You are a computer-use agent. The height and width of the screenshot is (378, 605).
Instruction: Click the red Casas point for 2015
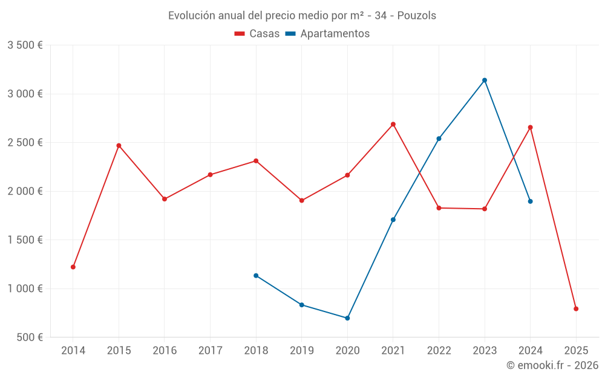click(119, 146)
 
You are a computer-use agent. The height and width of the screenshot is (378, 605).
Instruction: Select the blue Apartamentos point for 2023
click(485, 80)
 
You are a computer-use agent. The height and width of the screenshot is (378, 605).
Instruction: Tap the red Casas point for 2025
click(576, 309)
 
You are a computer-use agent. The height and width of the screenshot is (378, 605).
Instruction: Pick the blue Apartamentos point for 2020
click(347, 318)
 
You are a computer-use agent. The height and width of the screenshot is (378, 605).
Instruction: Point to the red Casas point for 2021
click(393, 125)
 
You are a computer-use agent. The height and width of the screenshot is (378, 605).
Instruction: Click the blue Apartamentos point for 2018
click(256, 276)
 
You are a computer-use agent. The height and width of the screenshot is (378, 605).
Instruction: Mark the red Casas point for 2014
click(73, 267)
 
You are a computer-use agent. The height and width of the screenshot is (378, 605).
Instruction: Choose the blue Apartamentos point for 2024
click(531, 201)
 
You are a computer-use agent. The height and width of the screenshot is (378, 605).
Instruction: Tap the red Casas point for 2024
click(531, 128)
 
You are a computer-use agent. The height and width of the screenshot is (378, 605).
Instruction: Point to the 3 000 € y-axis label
click(25, 94)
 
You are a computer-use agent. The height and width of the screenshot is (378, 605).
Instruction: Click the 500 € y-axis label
click(28, 337)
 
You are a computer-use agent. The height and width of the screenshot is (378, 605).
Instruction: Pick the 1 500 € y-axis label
click(25, 240)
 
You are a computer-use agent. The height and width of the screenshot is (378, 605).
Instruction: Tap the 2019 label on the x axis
click(301, 350)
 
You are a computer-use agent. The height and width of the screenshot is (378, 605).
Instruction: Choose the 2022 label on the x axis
click(439, 350)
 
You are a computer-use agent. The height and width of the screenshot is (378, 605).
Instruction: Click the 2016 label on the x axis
click(165, 350)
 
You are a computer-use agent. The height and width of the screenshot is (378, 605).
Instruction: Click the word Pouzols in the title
click(416, 16)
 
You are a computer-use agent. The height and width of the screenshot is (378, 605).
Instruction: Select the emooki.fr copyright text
click(552, 365)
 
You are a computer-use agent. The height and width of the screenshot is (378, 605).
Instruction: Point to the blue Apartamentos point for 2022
click(439, 138)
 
